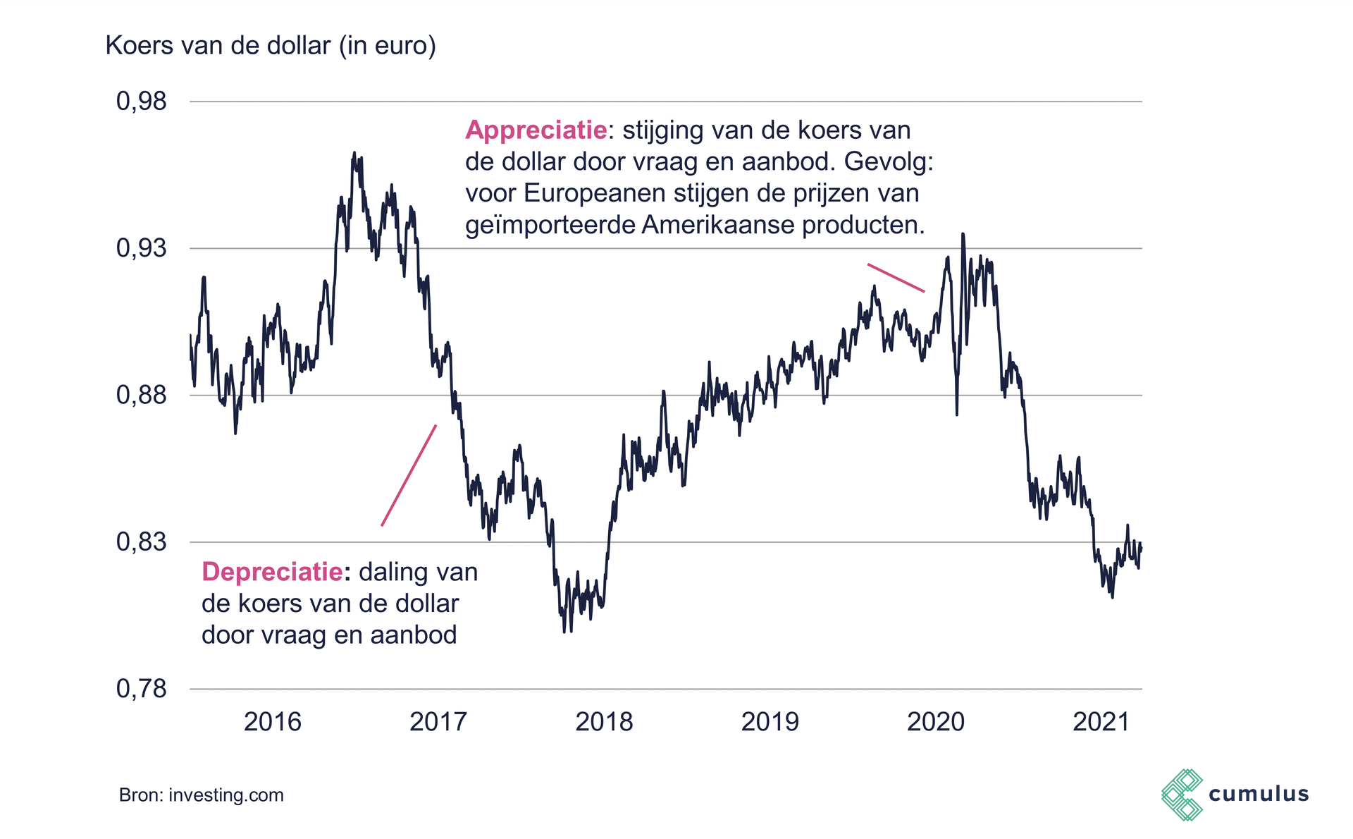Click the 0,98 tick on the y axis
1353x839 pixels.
click(x=142, y=102)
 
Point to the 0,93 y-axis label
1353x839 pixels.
click(x=142, y=248)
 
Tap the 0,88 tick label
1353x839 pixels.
click(x=142, y=396)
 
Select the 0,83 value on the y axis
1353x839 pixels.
click(x=142, y=542)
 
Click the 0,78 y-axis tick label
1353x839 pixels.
click(x=142, y=689)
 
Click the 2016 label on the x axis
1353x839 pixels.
click(x=272, y=722)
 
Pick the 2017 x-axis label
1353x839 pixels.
click(x=438, y=722)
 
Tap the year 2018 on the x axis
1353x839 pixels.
click(x=604, y=722)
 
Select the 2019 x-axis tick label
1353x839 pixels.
click(x=770, y=722)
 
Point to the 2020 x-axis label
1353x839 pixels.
click(x=936, y=722)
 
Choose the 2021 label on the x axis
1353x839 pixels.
click(x=1101, y=722)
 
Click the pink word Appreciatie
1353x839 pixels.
click(x=536, y=130)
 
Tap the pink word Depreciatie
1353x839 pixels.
click(x=272, y=572)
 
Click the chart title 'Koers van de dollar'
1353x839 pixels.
click(x=271, y=46)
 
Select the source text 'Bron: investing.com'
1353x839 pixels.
click(x=202, y=795)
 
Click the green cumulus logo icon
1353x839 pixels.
click(x=1182, y=795)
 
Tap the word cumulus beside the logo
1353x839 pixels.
click(x=1259, y=795)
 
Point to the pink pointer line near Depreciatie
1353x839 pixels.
click(x=409, y=475)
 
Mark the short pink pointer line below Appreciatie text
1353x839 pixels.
click(x=896, y=278)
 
